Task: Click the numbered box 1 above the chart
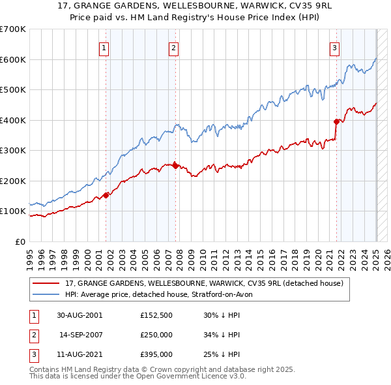(104, 47)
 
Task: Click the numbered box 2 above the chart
(174, 47)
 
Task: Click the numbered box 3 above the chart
(334, 47)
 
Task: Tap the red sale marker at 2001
(106, 195)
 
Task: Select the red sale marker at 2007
(175, 166)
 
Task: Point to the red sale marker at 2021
(336, 121)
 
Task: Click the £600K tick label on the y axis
(12, 59)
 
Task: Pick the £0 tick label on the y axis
(20, 241)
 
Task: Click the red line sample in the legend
(46, 283)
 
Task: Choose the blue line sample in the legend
(46, 294)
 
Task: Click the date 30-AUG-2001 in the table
(80, 315)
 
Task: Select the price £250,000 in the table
(156, 335)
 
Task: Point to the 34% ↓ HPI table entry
(222, 335)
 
